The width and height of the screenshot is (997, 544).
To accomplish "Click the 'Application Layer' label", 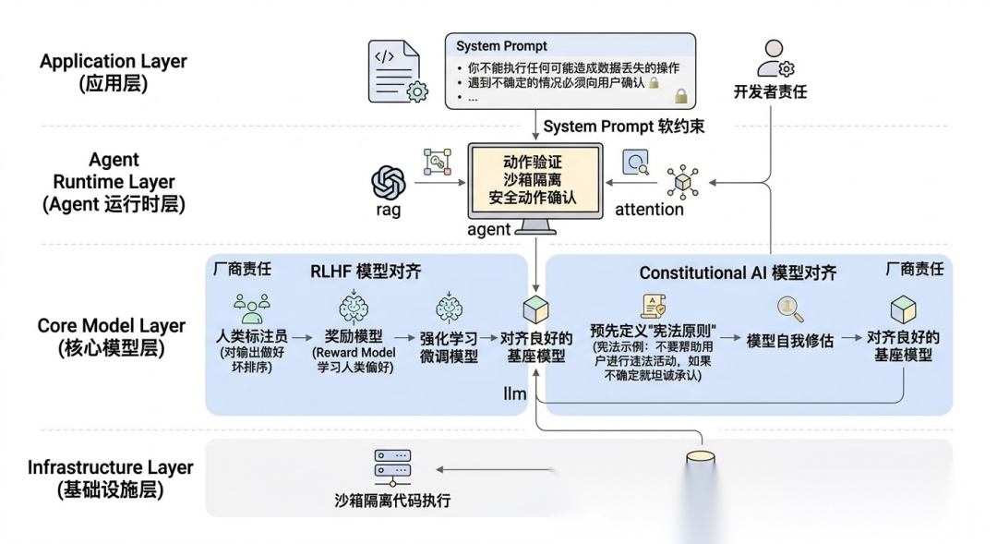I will [x=114, y=62].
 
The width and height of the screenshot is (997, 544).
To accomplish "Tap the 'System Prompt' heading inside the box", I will [x=501, y=45].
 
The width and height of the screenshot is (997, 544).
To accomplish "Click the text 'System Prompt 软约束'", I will [x=623, y=126].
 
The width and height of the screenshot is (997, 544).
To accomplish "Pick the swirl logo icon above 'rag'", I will [x=389, y=183].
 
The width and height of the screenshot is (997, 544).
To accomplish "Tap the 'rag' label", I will [x=388, y=210].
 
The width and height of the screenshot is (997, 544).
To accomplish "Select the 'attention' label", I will [x=650, y=210].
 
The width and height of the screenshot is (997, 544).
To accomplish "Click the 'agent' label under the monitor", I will [x=489, y=229].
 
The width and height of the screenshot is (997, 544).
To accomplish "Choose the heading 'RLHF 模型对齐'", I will [x=366, y=272].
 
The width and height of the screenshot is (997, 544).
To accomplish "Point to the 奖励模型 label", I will [x=354, y=337].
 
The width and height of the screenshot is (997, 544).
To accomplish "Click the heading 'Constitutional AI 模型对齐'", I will [x=738, y=272].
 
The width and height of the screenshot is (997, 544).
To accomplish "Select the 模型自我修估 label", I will [x=789, y=340].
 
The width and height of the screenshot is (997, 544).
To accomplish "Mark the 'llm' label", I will [x=514, y=394].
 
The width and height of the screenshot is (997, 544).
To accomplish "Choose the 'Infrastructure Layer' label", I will [x=111, y=466].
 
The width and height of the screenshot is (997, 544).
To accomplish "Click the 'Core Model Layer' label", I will [x=112, y=326].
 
